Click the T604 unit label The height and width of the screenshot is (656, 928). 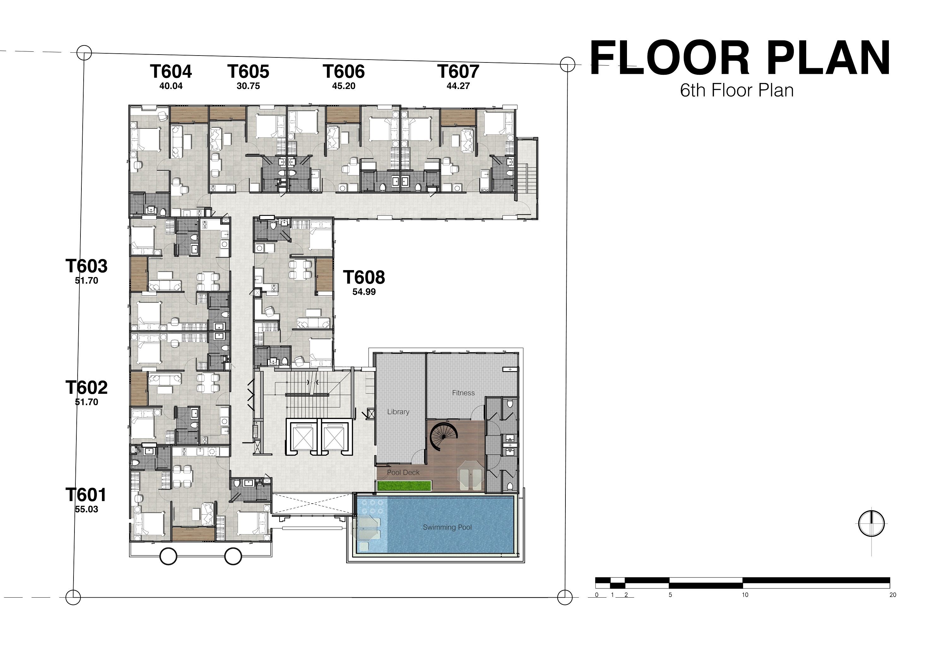pos(171,72)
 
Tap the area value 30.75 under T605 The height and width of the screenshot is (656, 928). pos(248,86)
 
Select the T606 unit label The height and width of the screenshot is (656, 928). pos(344,72)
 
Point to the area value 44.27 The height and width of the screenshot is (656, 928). pos(458,86)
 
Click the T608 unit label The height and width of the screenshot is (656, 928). pos(364,277)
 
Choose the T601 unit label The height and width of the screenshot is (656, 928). pos(86,495)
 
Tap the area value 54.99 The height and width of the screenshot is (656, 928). pos(364,292)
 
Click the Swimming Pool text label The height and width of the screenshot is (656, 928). pos(447,528)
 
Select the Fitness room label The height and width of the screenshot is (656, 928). pos(463,393)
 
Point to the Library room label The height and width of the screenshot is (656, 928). pos(398,412)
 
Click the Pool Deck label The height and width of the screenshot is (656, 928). pos(403,472)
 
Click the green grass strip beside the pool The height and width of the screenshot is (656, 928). pos(405,485)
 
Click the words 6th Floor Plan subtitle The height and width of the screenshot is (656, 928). pos(736,91)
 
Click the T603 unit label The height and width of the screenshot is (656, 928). pos(86,266)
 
